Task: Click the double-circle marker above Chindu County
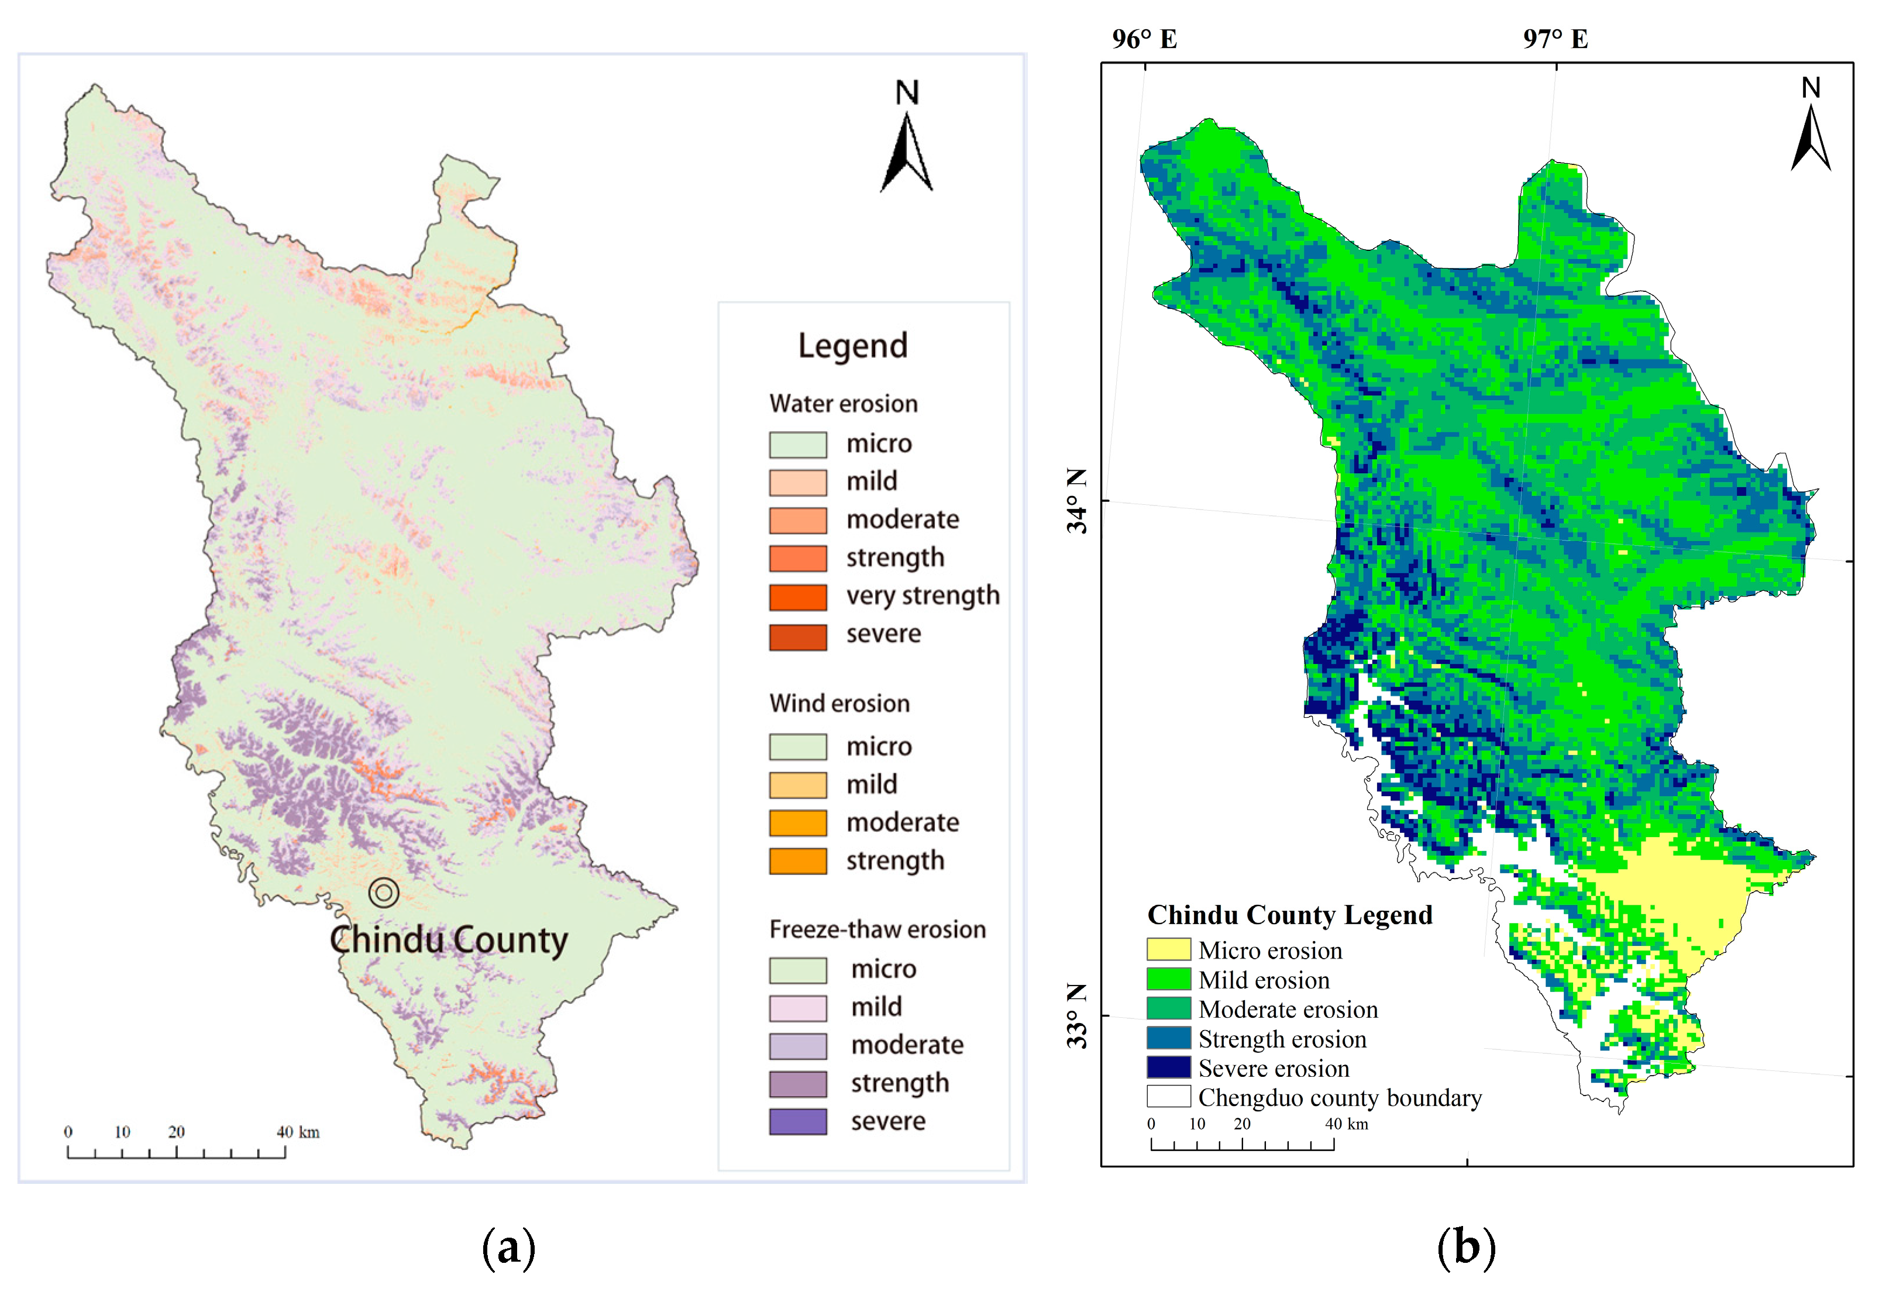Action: tap(384, 893)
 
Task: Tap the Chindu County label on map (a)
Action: tap(449, 939)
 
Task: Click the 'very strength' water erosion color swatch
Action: tap(797, 597)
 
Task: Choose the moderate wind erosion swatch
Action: tap(797, 823)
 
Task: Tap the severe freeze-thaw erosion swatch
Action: tap(797, 1121)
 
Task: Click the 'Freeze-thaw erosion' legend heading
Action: tap(877, 929)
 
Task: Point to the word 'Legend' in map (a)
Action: tap(853, 346)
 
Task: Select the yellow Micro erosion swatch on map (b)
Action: tap(1168, 949)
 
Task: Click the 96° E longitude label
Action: tap(1144, 39)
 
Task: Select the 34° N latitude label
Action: tap(1076, 501)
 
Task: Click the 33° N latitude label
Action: tap(1076, 1016)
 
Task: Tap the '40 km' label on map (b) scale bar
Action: tap(1346, 1124)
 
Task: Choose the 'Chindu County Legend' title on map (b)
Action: tap(1289, 914)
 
